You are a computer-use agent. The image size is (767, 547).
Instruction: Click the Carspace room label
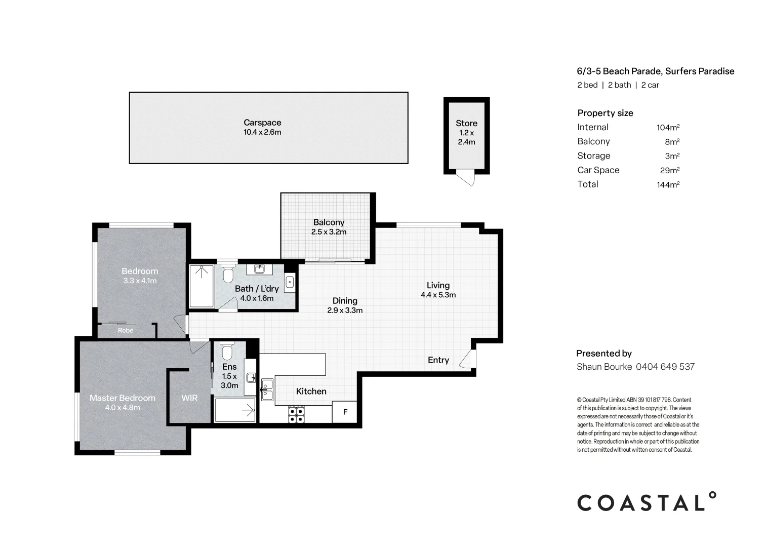pyautogui.click(x=262, y=123)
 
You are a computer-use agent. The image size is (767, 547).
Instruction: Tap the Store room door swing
pyautogui.click(x=467, y=178)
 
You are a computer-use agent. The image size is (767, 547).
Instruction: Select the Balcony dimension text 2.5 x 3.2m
pyautogui.click(x=329, y=232)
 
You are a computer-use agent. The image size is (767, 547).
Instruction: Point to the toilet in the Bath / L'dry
pyautogui.click(x=227, y=275)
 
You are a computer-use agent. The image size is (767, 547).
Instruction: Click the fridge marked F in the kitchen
pyautogui.click(x=345, y=412)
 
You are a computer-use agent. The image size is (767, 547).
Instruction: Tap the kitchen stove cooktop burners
pyautogui.click(x=296, y=414)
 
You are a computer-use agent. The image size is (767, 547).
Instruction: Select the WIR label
pyautogui.click(x=189, y=398)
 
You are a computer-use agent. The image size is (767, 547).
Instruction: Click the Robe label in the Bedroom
pyautogui.click(x=126, y=330)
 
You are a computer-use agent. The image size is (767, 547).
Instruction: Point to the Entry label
pyautogui.click(x=438, y=360)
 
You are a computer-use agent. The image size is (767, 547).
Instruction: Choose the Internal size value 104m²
pyautogui.click(x=667, y=128)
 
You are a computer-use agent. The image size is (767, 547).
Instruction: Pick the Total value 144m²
pyautogui.click(x=667, y=185)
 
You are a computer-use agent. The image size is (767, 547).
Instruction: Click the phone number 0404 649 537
pyautogui.click(x=665, y=367)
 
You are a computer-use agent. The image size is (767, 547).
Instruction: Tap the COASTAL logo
pyautogui.click(x=647, y=502)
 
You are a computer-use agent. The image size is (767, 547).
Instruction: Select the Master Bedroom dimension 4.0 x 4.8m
pyautogui.click(x=122, y=407)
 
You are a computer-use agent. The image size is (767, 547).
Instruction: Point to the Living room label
pyautogui.click(x=437, y=285)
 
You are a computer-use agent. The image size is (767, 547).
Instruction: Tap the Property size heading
pyautogui.click(x=605, y=113)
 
